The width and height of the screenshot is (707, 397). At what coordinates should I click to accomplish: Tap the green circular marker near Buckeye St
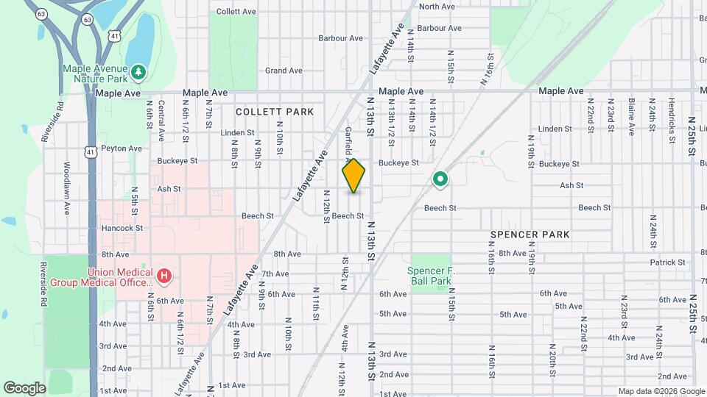[440, 178]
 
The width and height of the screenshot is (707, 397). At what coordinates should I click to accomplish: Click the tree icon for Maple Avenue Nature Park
[138, 71]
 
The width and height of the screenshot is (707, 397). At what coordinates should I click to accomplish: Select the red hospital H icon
[164, 276]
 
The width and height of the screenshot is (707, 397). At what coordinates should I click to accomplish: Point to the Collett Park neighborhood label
[275, 112]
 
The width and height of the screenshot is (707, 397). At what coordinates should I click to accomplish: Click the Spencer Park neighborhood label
[530, 235]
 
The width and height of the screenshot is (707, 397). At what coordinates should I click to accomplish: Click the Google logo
[24, 388]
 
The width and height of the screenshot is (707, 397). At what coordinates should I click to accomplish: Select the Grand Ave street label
[284, 71]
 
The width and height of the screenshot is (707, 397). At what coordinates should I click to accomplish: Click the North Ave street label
[437, 7]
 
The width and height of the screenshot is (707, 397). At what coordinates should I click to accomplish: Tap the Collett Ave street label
[236, 12]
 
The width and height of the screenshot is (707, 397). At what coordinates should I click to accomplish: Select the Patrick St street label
[668, 262]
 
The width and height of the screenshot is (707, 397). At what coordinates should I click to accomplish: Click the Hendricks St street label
[671, 117]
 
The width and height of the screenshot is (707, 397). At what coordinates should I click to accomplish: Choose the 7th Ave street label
[275, 273]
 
